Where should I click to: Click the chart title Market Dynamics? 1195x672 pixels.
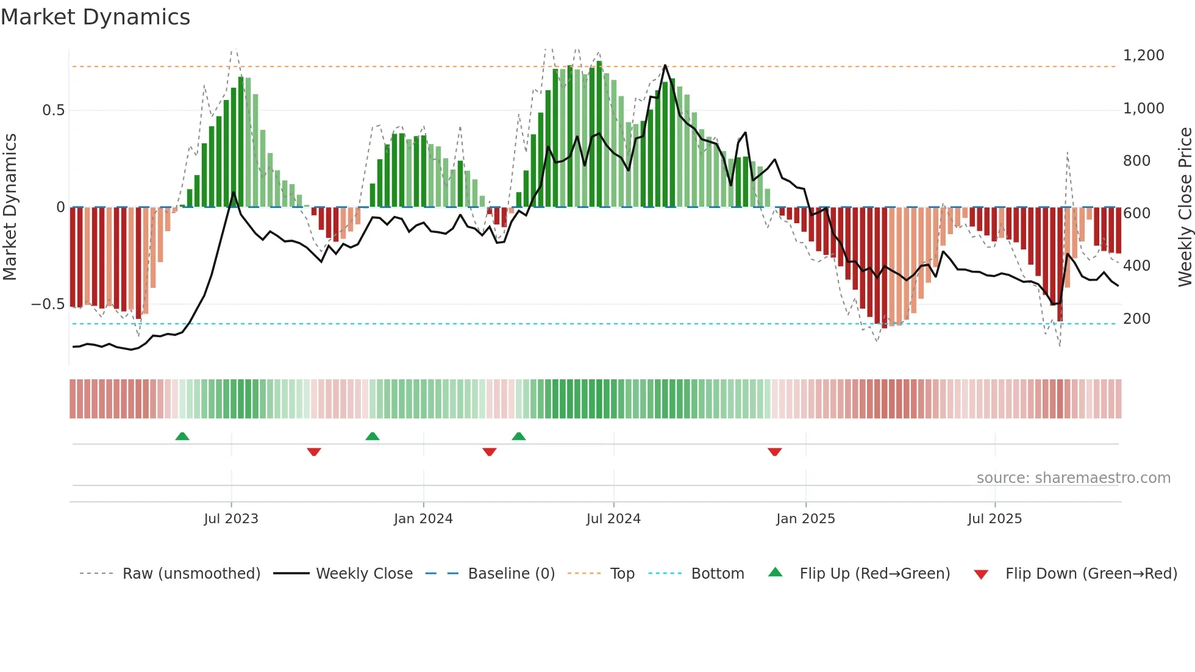pos(95,17)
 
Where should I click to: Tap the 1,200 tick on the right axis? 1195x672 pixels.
pos(1143,55)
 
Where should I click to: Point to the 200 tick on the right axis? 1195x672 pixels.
pos(1136,319)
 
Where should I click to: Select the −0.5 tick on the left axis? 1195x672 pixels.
pos(48,304)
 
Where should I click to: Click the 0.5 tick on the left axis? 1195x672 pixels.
pos(53,110)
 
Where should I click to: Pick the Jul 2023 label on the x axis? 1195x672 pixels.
pos(231,519)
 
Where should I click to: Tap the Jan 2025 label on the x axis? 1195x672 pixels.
pos(805,519)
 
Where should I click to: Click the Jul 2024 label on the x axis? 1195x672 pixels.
pos(613,519)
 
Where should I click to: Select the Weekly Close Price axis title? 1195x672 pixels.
pos(1185,207)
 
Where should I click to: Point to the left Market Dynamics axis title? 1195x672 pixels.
pos(10,207)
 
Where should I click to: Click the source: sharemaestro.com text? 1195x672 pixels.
pos(1073,478)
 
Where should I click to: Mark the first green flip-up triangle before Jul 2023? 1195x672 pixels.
pos(182,436)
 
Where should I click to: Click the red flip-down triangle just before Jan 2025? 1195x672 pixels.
pos(775,452)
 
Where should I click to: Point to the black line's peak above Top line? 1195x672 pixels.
pos(665,65)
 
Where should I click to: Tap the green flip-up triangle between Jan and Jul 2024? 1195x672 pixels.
pos(519,436)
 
